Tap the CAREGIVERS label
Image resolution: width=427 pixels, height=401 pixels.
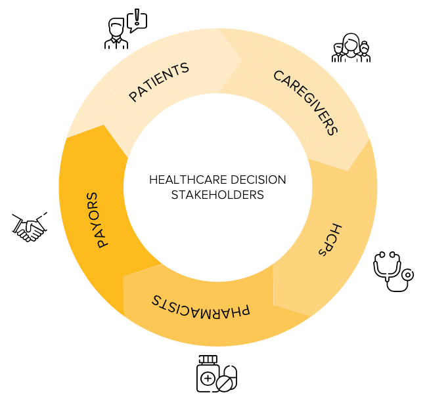305,102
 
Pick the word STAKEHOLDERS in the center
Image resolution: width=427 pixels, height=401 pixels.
217,195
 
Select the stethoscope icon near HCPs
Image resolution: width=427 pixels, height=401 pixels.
393,272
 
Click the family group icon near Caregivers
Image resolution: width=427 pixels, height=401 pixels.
351,49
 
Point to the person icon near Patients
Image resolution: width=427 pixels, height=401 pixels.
116,35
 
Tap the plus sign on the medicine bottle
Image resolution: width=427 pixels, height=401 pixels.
208,379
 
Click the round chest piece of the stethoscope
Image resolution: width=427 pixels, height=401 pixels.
408,276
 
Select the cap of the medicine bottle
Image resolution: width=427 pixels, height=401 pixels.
208,359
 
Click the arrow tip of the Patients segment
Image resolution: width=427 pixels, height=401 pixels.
242,60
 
